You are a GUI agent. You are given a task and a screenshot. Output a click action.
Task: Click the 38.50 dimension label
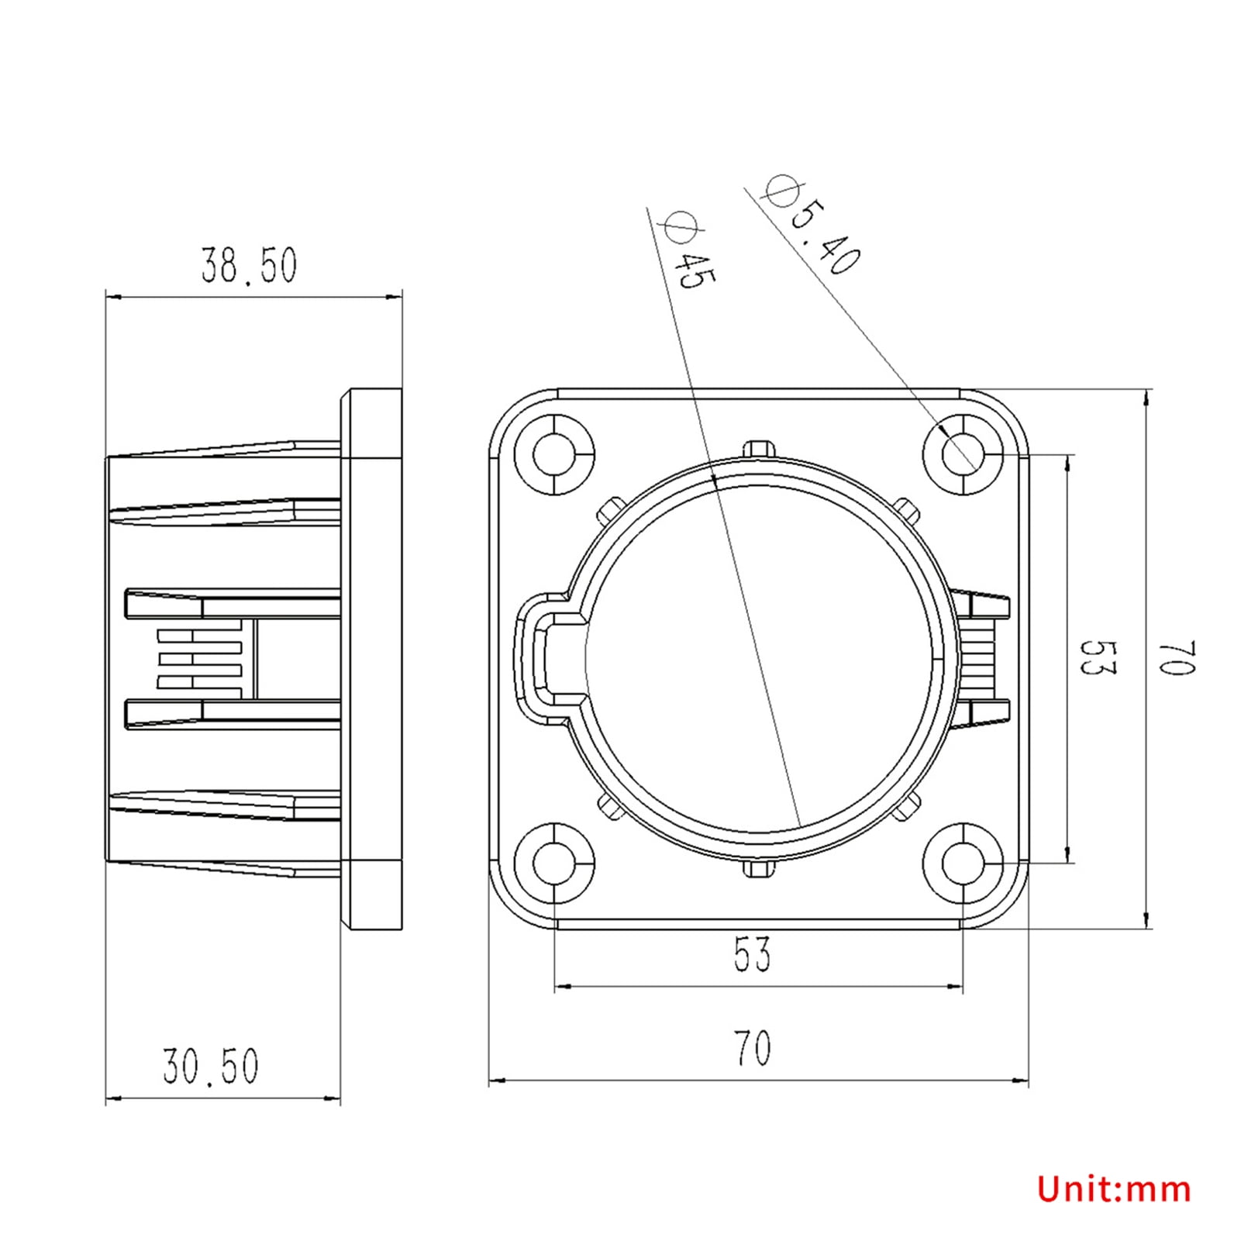249,266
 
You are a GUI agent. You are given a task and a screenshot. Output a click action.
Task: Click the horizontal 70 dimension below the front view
752,1048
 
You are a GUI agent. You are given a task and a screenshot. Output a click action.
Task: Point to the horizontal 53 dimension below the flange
752,954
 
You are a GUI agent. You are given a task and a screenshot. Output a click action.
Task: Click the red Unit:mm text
1114,1188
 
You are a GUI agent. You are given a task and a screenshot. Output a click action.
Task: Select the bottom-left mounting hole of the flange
555,861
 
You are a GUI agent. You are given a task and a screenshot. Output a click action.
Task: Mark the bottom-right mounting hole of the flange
963,861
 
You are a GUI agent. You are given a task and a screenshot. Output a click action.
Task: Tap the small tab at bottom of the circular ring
759,868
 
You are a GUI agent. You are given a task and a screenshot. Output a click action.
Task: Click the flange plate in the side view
372,658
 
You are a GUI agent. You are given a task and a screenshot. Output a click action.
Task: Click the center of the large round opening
759,658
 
